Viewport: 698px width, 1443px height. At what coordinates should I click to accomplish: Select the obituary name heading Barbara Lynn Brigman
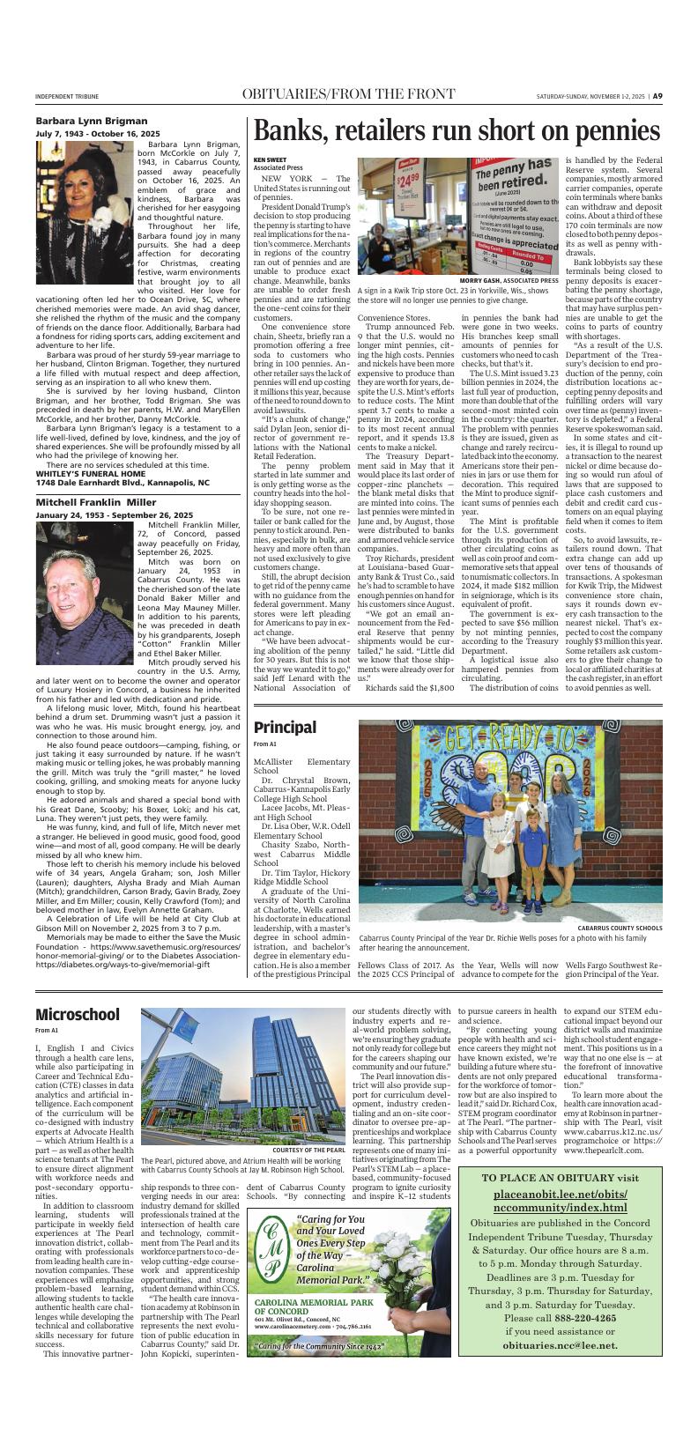coord(79,120)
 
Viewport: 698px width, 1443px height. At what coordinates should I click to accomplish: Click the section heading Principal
coord(285,727)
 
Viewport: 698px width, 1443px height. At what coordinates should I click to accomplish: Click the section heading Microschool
coord(78,1015)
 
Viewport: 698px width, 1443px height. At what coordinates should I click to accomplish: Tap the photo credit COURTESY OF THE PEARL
coord(308,1151)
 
